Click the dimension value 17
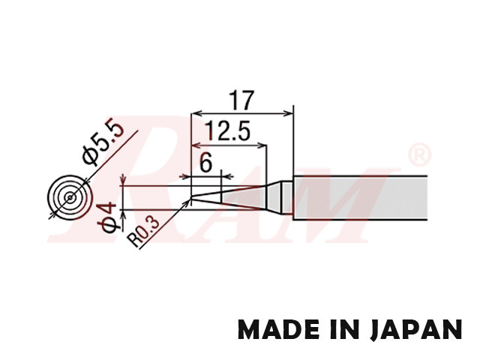pos(242,100)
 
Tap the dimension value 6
pos(206,162)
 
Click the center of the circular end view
pos(69,197)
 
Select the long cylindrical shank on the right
pos(360,197)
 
